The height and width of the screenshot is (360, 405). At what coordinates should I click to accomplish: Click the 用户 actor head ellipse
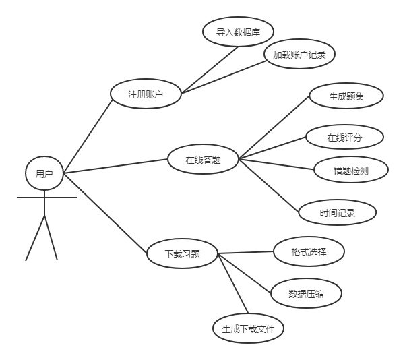pos(44,174)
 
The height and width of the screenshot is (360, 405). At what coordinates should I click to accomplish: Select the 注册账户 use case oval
pos(146,95)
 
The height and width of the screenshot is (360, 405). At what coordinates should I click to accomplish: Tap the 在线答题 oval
pos(203,160)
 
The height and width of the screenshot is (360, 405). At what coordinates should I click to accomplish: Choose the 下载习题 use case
pos(182,254)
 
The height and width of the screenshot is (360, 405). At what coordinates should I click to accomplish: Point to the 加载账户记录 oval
pos(299,55)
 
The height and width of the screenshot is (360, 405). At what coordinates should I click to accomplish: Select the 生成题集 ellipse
pos(346,96)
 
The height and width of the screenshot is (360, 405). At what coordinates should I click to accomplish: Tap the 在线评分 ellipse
pos(344,138)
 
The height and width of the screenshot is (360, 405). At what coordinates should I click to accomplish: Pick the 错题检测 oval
pos(350,170)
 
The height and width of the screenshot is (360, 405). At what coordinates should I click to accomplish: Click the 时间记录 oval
pos(337,213)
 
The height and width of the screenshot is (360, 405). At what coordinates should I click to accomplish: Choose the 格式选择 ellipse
pos(309,252)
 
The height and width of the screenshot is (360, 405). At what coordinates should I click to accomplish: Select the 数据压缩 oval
pos(306,293)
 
